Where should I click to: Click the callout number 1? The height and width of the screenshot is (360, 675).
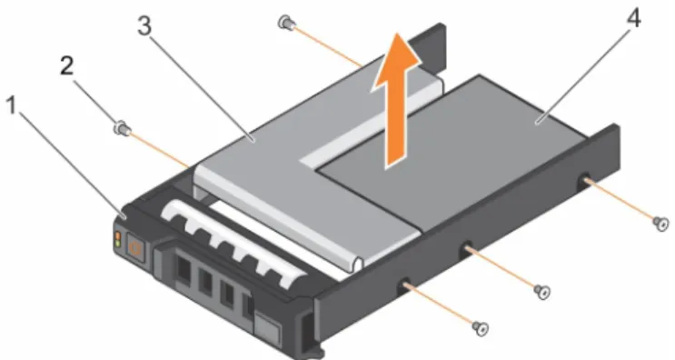12,105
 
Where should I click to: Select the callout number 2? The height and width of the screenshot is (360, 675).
66,66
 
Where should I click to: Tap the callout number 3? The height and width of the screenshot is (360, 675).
144,25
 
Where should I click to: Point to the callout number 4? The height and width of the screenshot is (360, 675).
633,19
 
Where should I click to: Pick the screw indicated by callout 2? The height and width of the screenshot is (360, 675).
121,128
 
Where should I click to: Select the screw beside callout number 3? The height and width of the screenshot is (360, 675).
285,22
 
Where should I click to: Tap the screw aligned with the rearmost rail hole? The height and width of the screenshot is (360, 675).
660,223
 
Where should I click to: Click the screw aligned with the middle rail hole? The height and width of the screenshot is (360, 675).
542,292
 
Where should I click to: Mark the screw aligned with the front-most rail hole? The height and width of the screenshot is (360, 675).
481,329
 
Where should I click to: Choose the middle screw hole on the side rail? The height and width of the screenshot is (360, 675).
466,250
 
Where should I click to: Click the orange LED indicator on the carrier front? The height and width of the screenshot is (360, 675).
117,236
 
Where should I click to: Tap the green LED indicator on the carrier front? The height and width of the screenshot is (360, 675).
117,244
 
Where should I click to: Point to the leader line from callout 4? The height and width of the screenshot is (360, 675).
584,75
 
